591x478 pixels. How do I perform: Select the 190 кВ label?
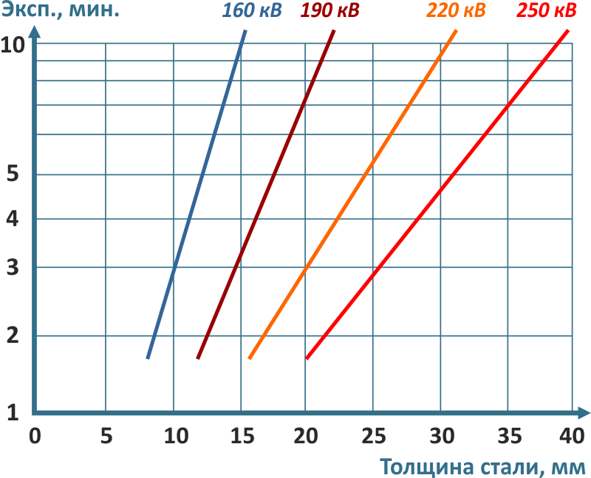click(x=329, y=12)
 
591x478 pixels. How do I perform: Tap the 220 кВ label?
click(x=457, y=12)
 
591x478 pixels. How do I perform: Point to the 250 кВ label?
click(x=547, y=12)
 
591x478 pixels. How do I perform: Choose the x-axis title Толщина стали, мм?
click(x=484, y=467)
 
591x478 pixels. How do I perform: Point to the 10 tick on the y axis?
click(x=14, y=44)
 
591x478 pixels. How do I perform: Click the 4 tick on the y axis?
click(x=12, y=219)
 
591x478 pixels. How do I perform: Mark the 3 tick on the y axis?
click(x=12, y=267)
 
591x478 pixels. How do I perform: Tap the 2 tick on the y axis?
click(x=12, y=336)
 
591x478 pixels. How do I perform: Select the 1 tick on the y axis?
click(x=12, y=412)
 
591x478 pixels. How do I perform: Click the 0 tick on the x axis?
click(x=35, y=435)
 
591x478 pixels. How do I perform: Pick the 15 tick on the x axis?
click(x=240, y=435)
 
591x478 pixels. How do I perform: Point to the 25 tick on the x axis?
click(x=373, y=435)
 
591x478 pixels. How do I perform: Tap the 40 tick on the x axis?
click(x=572, y=435)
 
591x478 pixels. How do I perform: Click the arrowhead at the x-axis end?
click(x=584, y=412)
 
